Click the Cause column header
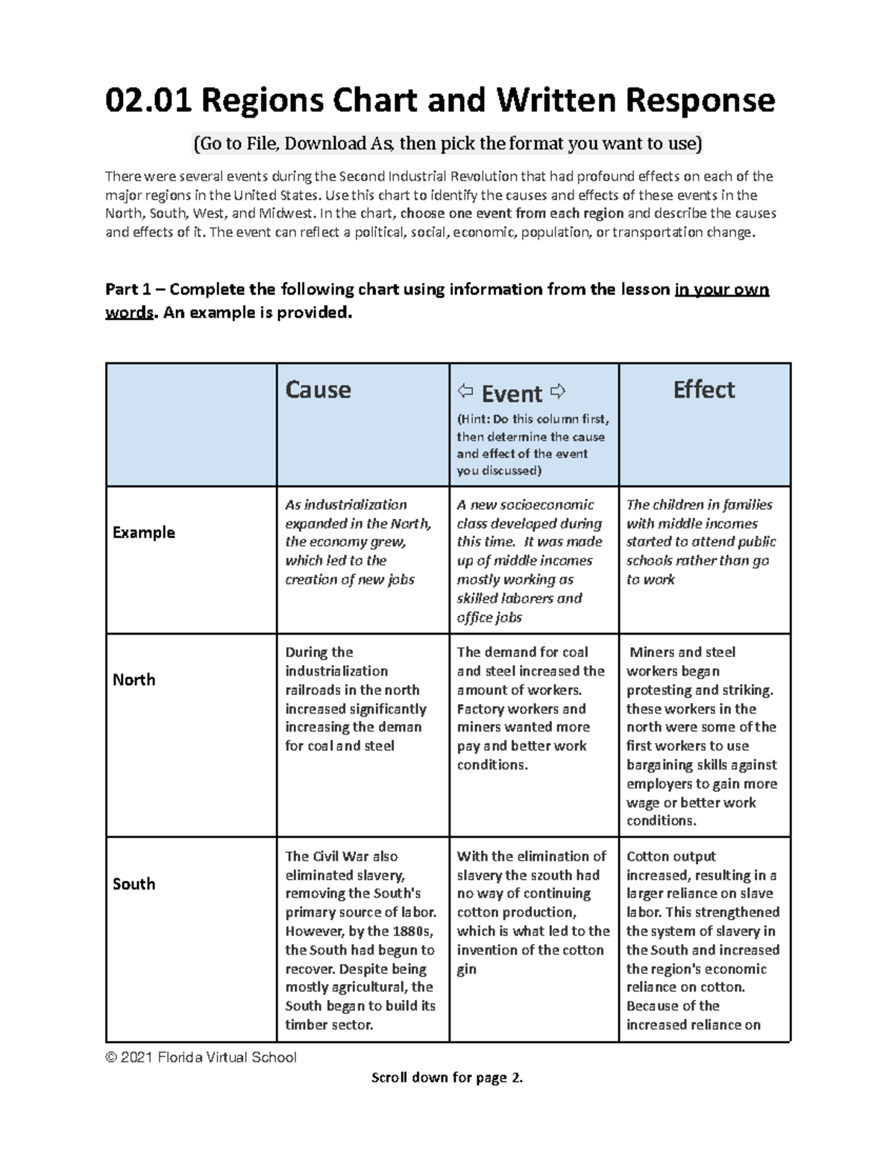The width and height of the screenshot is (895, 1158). (x=318, y=390)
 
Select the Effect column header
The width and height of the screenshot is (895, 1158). (x=703, y=390)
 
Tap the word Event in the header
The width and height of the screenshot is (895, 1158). (x=512, y=394)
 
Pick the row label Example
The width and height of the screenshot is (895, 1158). (x=143, y=532)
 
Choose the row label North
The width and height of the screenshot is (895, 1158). (x=134, y=679)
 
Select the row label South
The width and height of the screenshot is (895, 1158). (x=134, y=884)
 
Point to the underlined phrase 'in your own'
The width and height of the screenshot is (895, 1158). (x=721, y=289)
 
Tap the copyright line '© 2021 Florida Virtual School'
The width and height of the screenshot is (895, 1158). (x=201, y=1057)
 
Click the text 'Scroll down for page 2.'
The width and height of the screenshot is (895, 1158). (x=447, y=1077)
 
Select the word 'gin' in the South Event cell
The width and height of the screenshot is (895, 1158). (x=466, y=969)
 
